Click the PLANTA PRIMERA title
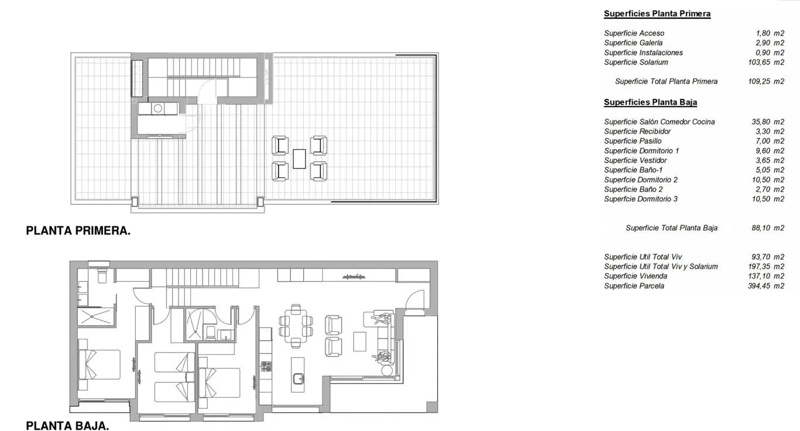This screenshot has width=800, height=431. tap(78, 230)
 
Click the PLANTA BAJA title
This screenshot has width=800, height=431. tap(67, 426)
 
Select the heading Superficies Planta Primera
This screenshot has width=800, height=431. tap(657, 13)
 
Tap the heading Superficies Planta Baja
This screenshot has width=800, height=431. tap(650, 102)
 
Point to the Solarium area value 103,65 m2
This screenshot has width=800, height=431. tap(766, 62)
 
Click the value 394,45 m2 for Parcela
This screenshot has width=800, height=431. tap(766, 286)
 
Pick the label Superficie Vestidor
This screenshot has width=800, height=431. tap(636, 160)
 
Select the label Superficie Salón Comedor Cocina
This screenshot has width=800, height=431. tap(660, 122)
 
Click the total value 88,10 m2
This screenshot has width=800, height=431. tap(768, 227)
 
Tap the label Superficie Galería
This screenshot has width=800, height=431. tap(633, 43)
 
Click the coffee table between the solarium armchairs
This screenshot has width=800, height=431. tap(299, 158)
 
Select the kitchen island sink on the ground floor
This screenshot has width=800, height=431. tap(298, 378)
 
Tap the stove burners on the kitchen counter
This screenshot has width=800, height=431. tap(266, 367)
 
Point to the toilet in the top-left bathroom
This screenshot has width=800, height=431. tap(102, 275)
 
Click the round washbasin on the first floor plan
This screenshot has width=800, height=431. tap(158, 108)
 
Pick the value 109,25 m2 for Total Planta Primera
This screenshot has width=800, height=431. tap(766, 81)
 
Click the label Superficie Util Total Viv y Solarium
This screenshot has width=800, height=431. tap(661, 267)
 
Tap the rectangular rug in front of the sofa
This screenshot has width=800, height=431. tap(360, 342)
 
